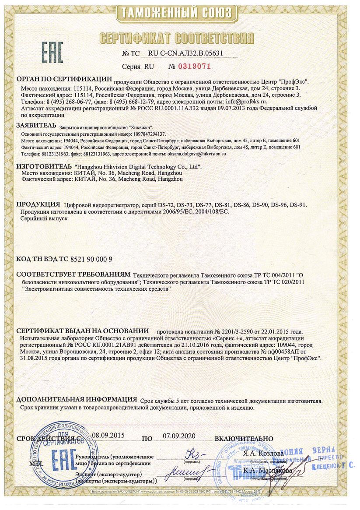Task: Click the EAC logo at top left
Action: (x=52, y=52)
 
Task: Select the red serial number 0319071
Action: (x=196, y=67)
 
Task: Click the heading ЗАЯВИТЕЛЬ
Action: (x=36, y=126)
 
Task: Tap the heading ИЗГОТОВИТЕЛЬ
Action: (x=43, y=167)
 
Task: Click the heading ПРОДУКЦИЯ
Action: (x=38, y=204)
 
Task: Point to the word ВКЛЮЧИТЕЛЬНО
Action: (x=244, y=438)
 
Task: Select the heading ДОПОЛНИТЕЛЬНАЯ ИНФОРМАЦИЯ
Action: (x=77, y=400)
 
